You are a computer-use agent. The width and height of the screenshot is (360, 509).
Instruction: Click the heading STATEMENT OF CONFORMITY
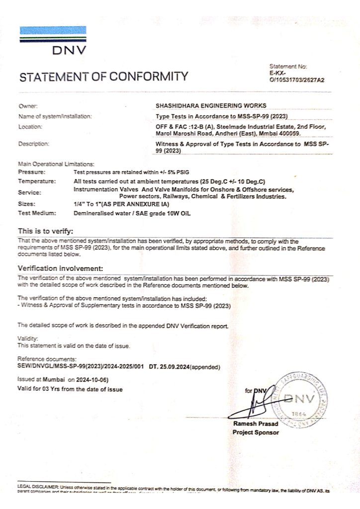click(x=104, y=77)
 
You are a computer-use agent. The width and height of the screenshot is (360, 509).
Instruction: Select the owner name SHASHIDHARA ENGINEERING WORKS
click(x=211, y=105)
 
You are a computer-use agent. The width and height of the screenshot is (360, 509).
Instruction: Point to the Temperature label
click(x=36, y=181)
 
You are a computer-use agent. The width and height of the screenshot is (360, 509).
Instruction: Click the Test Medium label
click(x=37, y=213)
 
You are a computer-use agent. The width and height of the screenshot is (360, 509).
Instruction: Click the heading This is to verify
click(x=46, y=231)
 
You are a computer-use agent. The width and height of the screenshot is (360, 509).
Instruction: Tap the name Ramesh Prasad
click(x=256, y=424)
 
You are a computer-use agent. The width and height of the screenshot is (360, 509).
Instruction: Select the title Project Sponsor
click(x=256, y=432)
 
